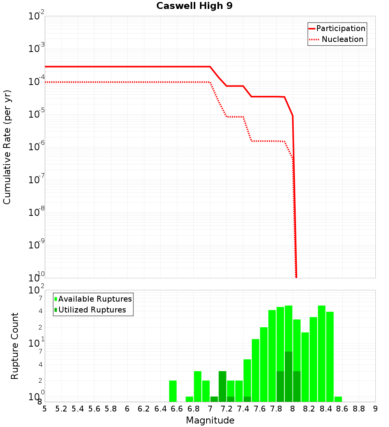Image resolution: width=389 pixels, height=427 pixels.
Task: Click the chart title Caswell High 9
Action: click(194, 6)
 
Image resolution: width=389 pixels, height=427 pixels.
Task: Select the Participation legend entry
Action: click(341, 29)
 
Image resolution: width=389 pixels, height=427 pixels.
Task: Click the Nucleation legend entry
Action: click(342, 40)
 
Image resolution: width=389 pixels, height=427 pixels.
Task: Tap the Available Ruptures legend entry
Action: click(95, 299)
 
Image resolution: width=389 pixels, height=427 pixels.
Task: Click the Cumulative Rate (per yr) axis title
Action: click(7, 147)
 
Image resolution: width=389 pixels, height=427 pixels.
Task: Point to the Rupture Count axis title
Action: click(15, 346)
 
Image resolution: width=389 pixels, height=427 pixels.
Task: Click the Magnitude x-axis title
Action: click(210, 420)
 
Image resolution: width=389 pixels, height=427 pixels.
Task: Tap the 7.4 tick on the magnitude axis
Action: click(243, 409)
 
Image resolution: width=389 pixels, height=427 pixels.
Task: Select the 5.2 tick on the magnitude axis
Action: click(61, 409)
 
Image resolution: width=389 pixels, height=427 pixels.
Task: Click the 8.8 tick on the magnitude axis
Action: click(359, 409)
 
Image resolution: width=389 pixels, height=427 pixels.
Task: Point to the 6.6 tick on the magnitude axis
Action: click(177, 409)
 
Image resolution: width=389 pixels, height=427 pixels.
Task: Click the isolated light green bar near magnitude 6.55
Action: click(173, 391)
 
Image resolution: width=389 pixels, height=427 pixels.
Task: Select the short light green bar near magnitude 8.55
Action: click(338, 399)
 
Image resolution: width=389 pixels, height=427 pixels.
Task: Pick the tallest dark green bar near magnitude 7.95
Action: click(288, 377)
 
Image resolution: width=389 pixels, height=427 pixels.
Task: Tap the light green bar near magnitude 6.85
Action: click(198, 386)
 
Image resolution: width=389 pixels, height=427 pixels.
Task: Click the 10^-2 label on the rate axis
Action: click(37, 17)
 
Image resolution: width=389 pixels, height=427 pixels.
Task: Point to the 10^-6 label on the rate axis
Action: click(37, 147)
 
